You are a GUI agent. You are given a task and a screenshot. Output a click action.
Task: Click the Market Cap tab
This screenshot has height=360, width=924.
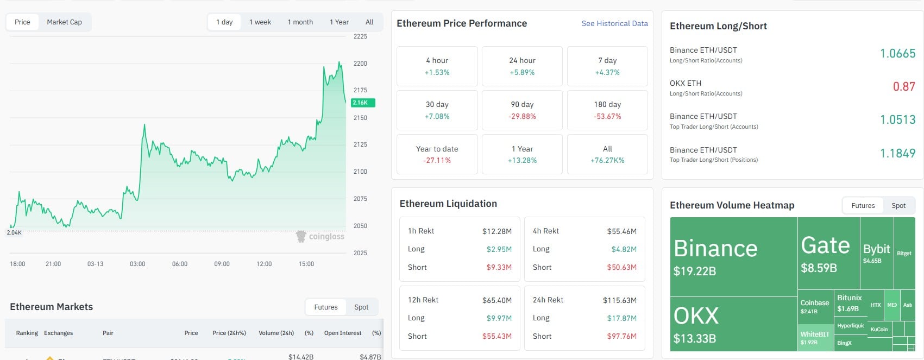[64, 22]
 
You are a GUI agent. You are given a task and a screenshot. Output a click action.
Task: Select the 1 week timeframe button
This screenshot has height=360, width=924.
[260, 22]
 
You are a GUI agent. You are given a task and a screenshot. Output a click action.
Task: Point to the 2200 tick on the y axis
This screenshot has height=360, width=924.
[360, 64]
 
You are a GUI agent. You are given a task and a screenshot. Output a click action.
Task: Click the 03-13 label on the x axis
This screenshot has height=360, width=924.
[95, 264]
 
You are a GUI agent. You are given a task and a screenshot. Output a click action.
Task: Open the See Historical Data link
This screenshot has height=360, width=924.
[614, 23]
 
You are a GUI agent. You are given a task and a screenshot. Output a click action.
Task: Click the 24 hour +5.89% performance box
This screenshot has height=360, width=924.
[521, 66]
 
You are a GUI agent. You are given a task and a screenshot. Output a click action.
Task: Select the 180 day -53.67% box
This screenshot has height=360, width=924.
[607, 110]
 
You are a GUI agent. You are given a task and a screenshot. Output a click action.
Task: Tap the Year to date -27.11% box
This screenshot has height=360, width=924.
[437, 154]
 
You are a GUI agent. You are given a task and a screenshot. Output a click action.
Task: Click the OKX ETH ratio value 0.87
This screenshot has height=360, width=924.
[904, 87]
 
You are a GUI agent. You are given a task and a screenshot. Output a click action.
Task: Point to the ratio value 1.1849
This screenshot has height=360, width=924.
[897, 154]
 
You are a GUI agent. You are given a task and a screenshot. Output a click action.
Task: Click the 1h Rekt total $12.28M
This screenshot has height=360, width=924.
[496, 231]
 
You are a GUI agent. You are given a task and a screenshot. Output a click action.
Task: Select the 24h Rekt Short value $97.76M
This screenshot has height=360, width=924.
[621, 337]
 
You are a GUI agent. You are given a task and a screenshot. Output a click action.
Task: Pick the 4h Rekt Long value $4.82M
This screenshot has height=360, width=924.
[624, 249]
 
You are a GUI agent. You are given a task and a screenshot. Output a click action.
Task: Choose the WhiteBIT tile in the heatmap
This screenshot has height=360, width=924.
[815, 338]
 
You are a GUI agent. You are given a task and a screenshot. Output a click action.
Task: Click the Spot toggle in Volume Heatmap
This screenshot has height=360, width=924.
[898, 206]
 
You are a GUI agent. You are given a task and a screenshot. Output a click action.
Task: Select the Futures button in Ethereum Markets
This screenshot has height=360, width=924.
[325, 307]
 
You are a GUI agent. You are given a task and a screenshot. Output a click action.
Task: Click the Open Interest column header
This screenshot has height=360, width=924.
[342, 333]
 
